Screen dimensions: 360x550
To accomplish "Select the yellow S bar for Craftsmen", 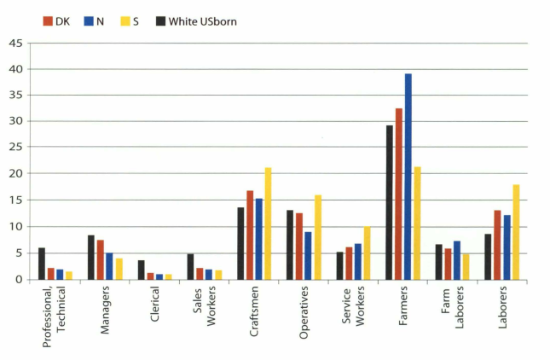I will click(269, 224).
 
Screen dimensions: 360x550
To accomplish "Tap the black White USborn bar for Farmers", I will click(389, 202).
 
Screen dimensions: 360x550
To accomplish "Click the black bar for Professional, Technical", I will click(42, 264).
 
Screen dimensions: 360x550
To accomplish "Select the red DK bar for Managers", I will click(101, 259).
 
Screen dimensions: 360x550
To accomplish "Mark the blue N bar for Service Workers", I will click(358, 262).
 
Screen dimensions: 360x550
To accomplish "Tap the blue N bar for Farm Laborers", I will click(457, 260).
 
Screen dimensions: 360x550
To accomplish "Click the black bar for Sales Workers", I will click(190, 266).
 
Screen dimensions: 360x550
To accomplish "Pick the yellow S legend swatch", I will click(136, 20).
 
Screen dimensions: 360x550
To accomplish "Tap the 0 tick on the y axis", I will click(20, 280).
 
